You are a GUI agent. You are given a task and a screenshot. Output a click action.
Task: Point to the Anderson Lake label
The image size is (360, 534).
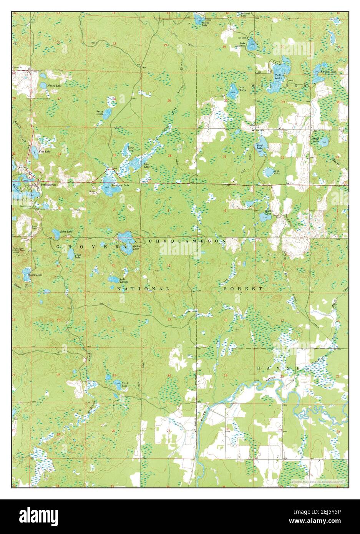pyautogui.click(x=120, y=186)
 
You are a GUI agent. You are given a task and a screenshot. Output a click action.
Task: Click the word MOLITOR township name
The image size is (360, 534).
pyautogui.click(x=279, y=85)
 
